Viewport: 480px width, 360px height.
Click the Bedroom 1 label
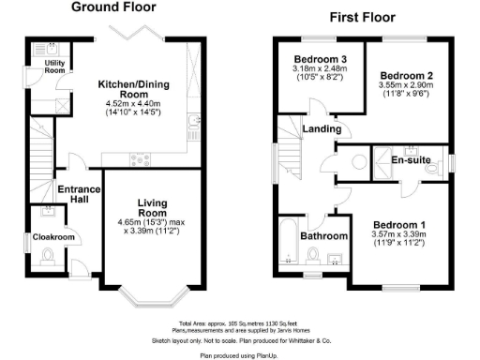point(399,225)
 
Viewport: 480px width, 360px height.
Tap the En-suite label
point(436,160)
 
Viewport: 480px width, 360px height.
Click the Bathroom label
point(324,236)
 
